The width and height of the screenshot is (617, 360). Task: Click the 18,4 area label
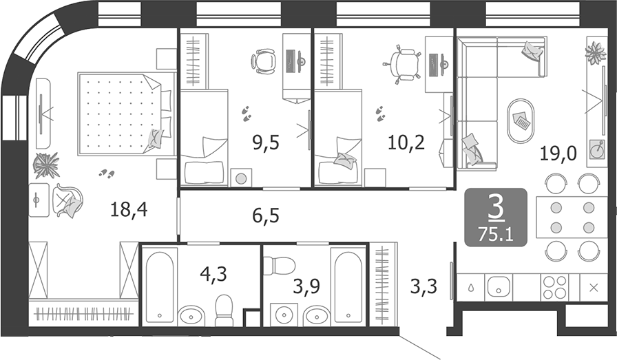[129, 209]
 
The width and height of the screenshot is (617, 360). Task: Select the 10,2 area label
[406, 144]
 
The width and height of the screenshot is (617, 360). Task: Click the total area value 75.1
[496, 232]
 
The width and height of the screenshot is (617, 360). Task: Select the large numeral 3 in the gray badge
[495, 206]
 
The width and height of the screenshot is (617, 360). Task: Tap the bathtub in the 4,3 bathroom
[160, 286]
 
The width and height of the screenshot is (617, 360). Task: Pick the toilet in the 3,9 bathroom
[279, 265]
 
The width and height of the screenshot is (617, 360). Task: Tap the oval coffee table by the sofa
[521, 120]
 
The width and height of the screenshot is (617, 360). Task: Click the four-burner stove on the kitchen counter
[556, 288]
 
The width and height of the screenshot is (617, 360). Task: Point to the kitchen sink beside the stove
[497, 288]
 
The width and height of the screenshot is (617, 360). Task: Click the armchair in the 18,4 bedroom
[67, 202]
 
